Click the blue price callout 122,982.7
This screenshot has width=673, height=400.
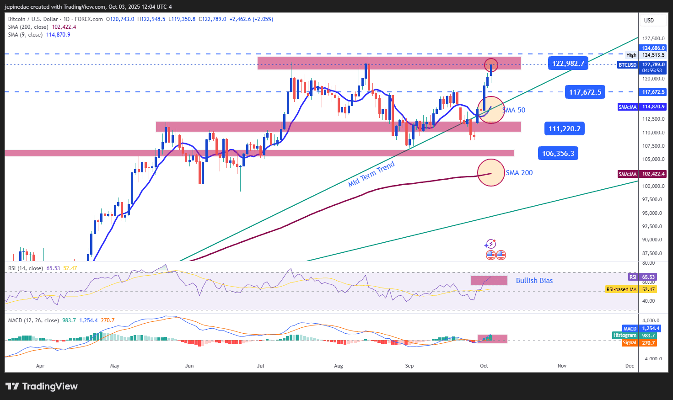coord(568,63)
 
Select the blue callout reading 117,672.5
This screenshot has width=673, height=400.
coord(585,92)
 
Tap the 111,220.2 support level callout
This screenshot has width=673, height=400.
coord(564,129)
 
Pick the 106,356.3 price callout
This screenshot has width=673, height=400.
coord(558,153)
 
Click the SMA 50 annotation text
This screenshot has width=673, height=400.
coord(514,110)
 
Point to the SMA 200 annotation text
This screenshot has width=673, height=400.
coord(519,173)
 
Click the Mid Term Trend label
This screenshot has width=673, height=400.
coord(371,174)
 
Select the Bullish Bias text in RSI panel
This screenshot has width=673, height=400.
coord(534,281)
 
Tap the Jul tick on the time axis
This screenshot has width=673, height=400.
coord(260,366)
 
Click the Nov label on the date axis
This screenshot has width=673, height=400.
coord(562,366)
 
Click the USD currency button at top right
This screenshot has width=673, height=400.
coord(649,21)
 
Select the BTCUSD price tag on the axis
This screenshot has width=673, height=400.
coord(627,65)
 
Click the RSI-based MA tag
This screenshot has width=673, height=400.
coord(621,289)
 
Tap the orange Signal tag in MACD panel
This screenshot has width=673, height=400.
coord(630,343)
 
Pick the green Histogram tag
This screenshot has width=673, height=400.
coord(625,336)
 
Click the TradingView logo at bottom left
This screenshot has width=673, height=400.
coord(42,386)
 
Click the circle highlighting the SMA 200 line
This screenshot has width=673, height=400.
coord(490,172)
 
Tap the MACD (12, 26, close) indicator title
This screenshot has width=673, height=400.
coord(33,320)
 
